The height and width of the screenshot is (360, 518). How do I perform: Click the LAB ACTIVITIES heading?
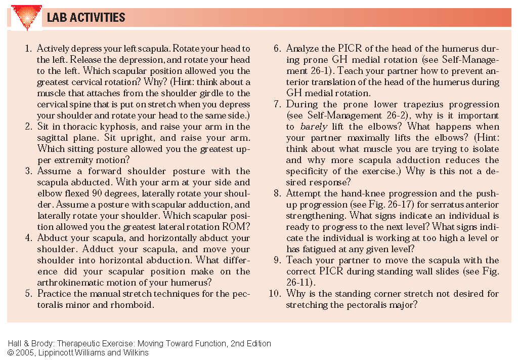pyautogui.click(x=86, y=18)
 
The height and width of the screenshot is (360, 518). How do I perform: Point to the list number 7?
pyautogui.click(x=277, y=104)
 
